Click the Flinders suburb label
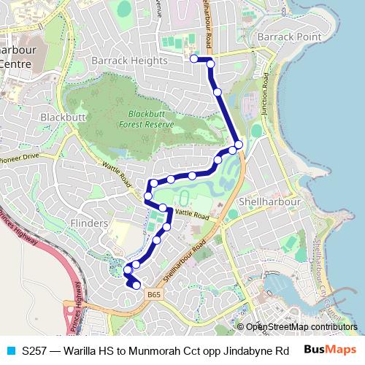coord(88,221)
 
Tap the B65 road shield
coord(153,293)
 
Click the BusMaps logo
coord(331,350)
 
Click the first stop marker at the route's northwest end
coord(194,58)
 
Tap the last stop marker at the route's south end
coord(136,285)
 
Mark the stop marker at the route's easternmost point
coord(239,145)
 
